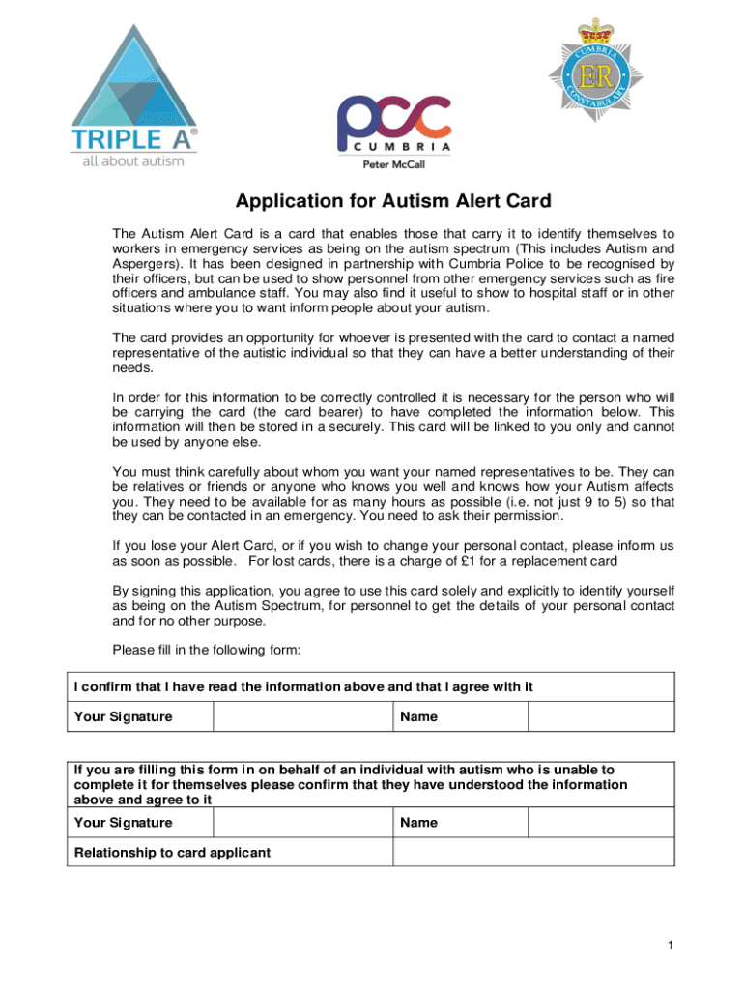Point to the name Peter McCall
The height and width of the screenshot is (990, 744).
(x=392, y=164)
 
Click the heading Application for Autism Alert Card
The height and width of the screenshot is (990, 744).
(x=393, y=202)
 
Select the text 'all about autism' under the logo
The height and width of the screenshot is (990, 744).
(x=130, y=160)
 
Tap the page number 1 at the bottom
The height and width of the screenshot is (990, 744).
(x=667, y=944)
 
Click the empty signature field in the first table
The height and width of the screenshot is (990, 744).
(x=301, y=716)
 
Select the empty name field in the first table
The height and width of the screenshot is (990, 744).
(x=600, y=716)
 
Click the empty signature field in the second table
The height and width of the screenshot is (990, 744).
(x=301, y=823)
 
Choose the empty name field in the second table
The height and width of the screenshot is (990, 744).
(x=600, y=823)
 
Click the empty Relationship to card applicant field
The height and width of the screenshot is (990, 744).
(x=532, y=852)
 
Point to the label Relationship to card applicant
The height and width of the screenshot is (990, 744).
(x=172, y=853)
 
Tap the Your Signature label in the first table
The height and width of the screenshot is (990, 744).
(x=124, y=717)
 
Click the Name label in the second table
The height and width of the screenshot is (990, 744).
(x=418, y=823)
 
